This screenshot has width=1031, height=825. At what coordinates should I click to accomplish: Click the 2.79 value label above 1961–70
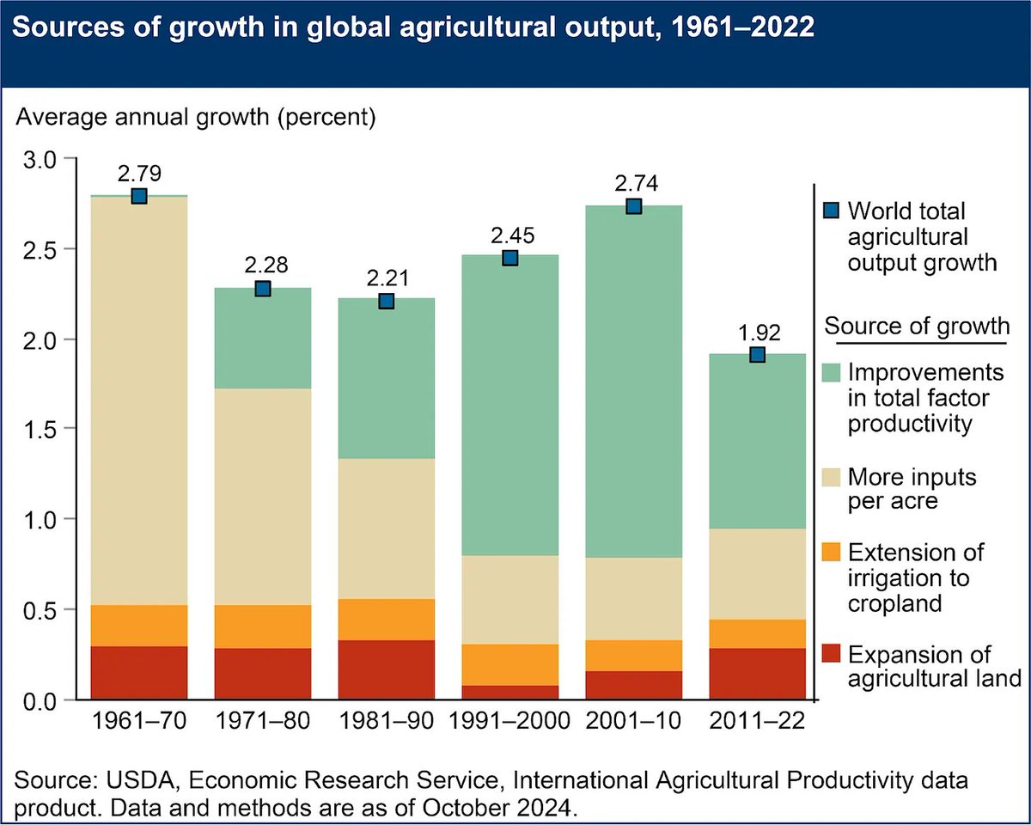tap(139, 174)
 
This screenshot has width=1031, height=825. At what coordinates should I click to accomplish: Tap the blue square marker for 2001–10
tap(634, 206)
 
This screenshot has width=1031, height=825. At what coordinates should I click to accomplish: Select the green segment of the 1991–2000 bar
tap(510, 404)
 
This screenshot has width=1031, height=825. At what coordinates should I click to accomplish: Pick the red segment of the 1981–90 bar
tap(387, 670)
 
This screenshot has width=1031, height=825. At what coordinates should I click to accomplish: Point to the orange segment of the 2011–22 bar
tap(758, 633)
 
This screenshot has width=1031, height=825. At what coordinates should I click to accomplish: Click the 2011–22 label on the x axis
tap(758, 721)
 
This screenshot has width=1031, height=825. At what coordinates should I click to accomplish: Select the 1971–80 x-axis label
tap(263, 721)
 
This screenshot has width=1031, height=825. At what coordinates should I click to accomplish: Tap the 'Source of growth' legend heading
tap(917, 327)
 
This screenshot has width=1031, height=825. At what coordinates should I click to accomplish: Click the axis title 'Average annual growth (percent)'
tap(196, 117)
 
